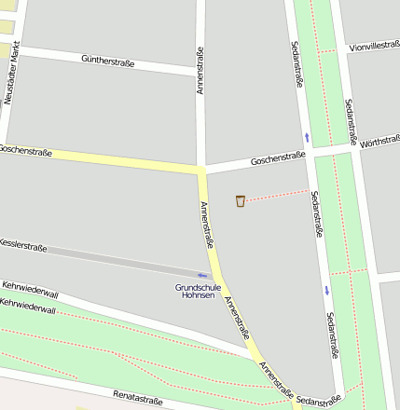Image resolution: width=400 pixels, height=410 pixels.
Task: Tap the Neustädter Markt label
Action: pos(11,74)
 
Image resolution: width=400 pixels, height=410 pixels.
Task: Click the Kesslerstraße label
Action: pos(23,245)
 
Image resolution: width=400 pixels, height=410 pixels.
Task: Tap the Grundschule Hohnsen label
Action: pos(196,291)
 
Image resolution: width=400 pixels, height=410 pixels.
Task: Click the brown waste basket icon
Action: pos(241,200)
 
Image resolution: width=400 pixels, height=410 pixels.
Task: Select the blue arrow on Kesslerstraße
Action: pos(202,275)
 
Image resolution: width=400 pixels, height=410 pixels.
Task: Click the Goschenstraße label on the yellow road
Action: pos(25,149)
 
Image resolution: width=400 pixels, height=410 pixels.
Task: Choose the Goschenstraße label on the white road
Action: pos(278,159)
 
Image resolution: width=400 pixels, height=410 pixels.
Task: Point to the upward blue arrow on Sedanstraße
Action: pos(306,137)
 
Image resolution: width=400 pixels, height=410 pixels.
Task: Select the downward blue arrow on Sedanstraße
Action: pos(326,290)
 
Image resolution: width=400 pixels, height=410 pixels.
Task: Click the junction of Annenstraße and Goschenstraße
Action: pos(201,171)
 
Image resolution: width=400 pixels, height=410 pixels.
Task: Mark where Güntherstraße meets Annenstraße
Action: pos(200,71)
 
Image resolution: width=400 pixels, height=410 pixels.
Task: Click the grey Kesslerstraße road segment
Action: pos(112,258)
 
